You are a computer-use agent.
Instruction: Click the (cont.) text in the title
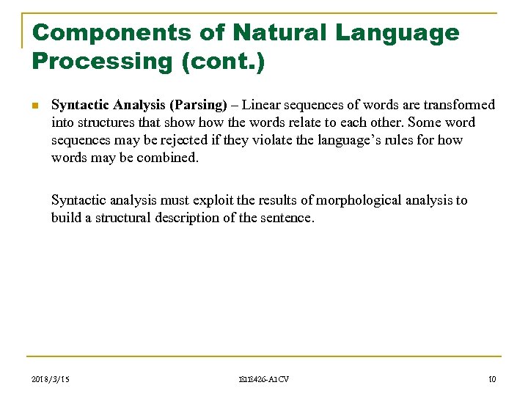pos(220,62)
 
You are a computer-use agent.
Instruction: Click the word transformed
pos(460,105)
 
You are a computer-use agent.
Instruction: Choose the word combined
pos(168,158)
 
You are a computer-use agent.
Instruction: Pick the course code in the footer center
pos(265,378)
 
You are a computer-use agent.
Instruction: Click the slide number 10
pos(491,378)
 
